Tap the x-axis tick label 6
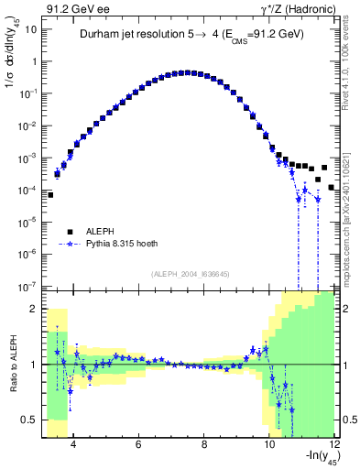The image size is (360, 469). click(x=138, y=446)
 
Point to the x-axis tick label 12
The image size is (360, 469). click(x=333, y=446)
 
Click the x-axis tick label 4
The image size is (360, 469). click(x=72, y=446)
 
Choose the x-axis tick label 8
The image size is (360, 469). click(x=204, y=446)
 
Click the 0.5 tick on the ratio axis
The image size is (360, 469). click(x=32, y=420)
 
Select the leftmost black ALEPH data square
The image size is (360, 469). click(x=51, y=194)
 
